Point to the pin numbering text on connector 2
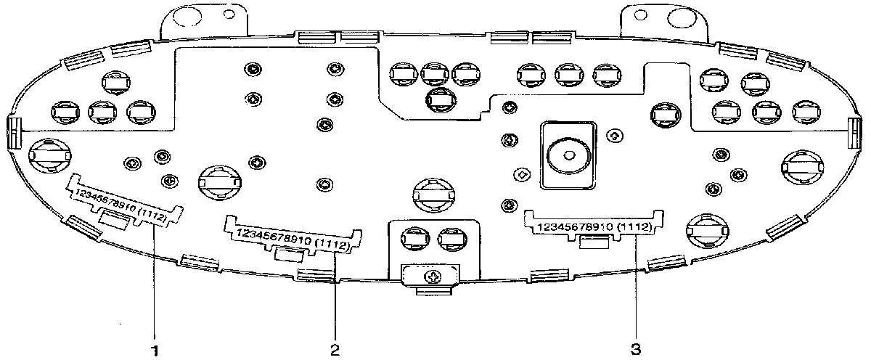click(x=290, y=239)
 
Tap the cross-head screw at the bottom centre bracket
click(x=433, y=277)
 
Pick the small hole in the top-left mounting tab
click(x=229, y=12)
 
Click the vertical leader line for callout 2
click(x=335, y=298)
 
